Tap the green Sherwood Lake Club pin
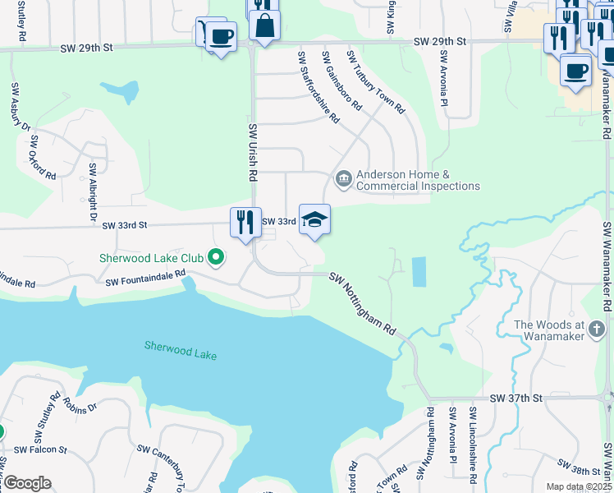pos(216,258)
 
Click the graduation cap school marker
pos(314,220)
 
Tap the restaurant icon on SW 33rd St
pos(245,223)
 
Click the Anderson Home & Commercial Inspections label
pos(418,181)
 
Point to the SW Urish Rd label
pos(252,152)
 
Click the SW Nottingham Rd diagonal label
pos(363,303)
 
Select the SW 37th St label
pos(516,398)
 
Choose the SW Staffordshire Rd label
pos(318,87)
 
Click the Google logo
pos(27,483)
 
